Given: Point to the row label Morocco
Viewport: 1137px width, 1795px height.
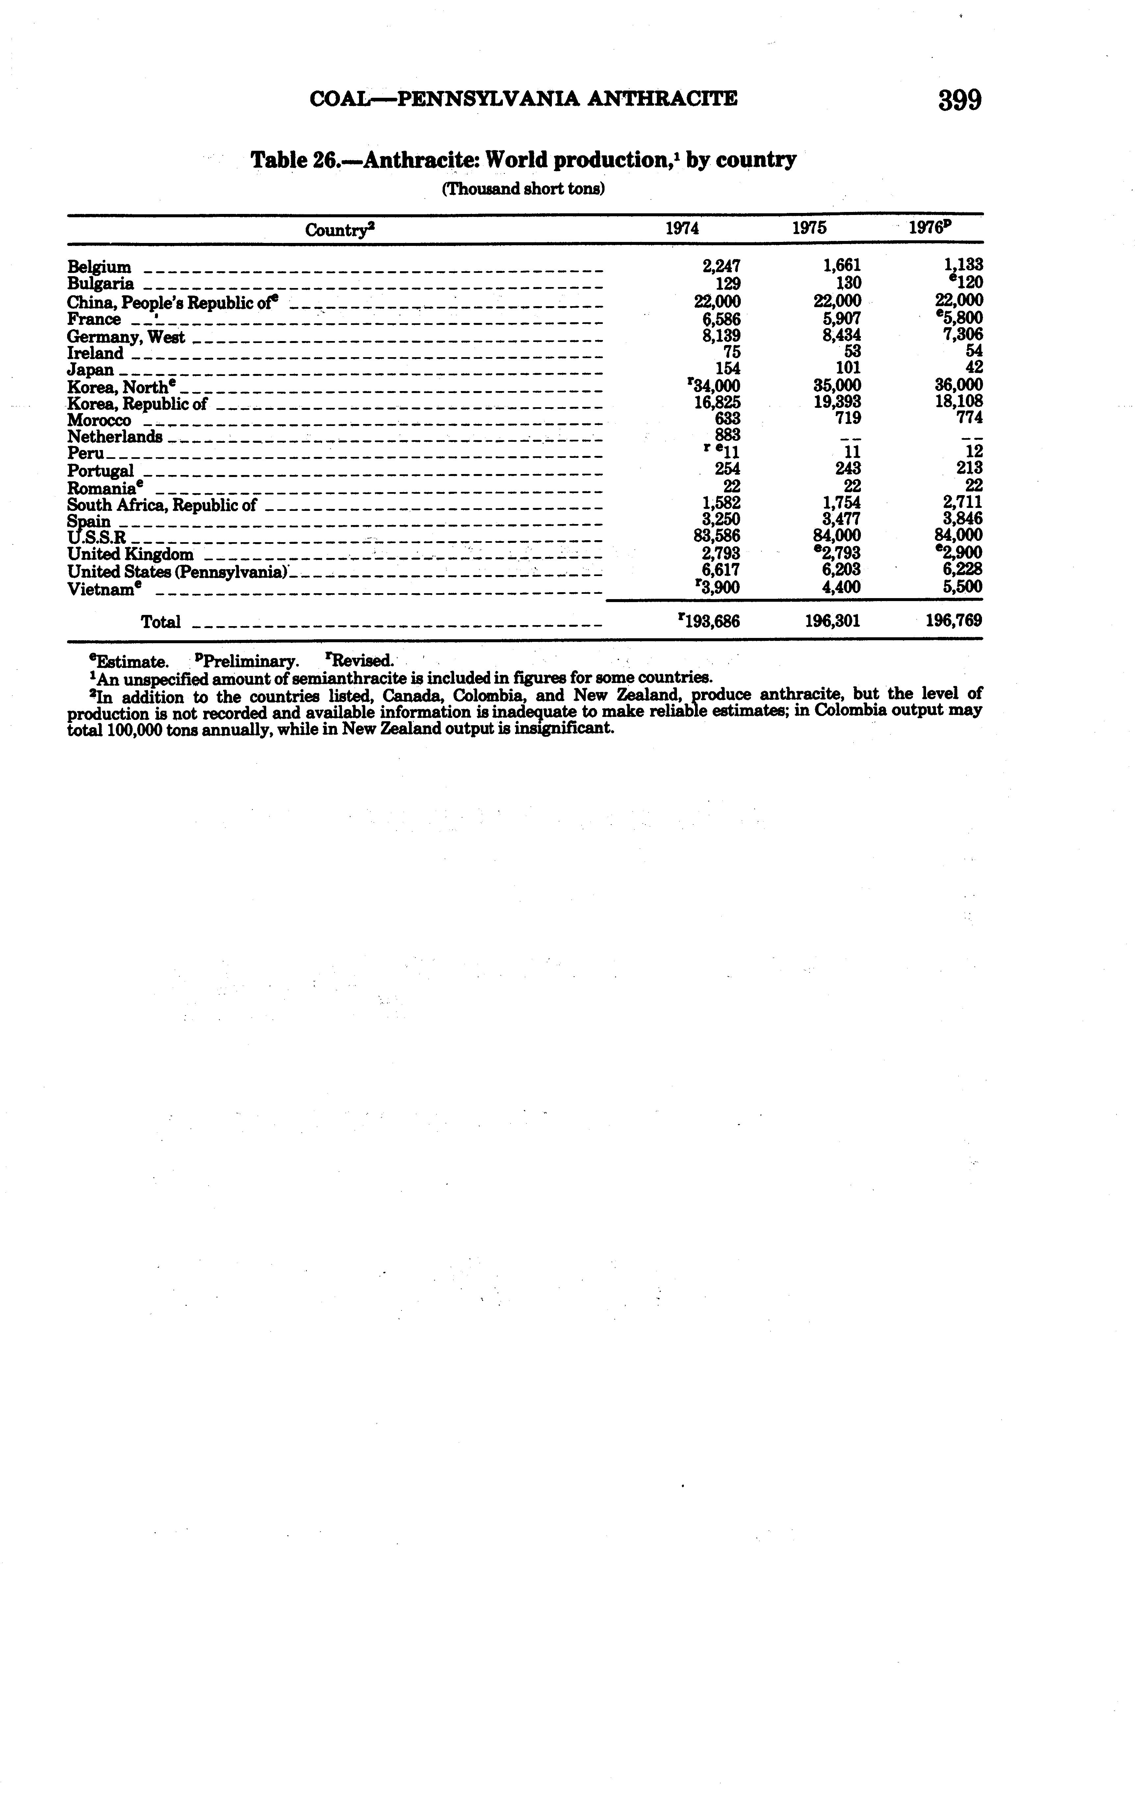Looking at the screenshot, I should coord(99,420).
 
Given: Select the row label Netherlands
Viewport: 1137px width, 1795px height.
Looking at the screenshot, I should coord(115,437).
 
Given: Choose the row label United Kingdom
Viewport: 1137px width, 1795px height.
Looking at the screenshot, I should coord(130,555).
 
